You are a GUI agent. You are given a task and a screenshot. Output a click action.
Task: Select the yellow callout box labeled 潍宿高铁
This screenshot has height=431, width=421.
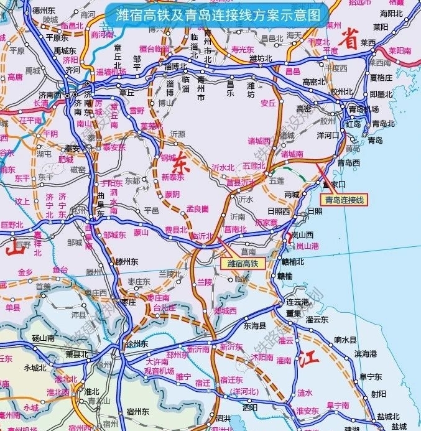[x=243, y=263]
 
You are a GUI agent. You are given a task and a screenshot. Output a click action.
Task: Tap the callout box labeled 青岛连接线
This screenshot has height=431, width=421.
[x=345, y=200]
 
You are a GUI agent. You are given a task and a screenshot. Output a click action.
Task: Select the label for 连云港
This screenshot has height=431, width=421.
[x=297, y=302]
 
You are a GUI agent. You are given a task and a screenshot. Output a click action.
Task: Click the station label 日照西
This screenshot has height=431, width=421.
[x=278, y=211]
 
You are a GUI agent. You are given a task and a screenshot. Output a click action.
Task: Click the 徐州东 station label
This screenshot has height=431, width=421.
[x=136, y=344]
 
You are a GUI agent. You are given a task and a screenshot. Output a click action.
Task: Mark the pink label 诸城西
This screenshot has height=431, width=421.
[x=259, y=141]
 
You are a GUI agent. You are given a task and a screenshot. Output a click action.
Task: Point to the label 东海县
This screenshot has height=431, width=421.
[x=254, y=325]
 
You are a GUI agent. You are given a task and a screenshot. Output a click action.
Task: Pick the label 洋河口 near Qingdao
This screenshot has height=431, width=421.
[x=327, y=134]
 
